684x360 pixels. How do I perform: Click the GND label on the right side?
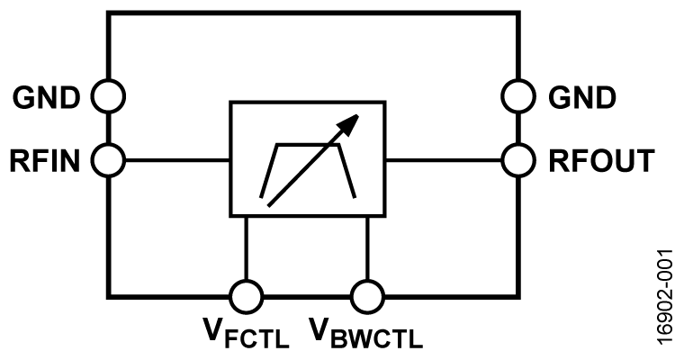pyautogui.click(x=583, y=94)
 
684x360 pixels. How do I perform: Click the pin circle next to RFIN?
pyautogui.click(x=109, y=161)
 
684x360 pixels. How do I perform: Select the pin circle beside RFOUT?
pyautogui.click(x=517, y=161)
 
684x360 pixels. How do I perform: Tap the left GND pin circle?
pyautogui.click(x=109, y=94)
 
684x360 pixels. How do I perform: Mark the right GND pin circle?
pyautogui.click(x=517, y=94)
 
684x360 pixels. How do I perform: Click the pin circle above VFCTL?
pyautogui.click(x=246, y=295)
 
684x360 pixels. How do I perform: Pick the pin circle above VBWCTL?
pyautogui.click(x=366, y=295)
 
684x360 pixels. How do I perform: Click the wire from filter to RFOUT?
pyautogui.click(x=445, y=161)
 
